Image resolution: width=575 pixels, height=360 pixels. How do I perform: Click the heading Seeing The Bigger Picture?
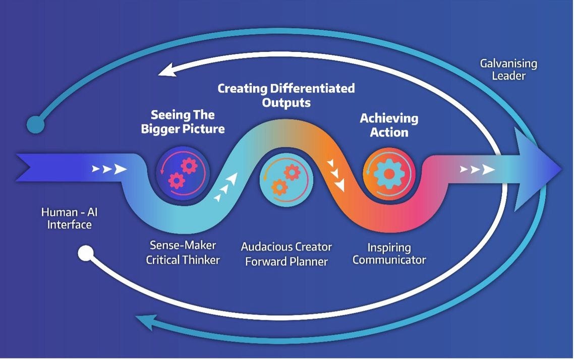(183, 122)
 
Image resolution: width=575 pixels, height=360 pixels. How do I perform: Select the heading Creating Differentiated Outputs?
(286, 95)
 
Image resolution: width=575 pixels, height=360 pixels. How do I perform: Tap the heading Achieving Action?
(388, 125)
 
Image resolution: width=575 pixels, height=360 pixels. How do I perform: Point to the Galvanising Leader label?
(508, 70)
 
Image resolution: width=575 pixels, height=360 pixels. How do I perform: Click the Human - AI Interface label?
(69, 218)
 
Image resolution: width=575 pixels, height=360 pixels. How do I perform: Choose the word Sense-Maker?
(183, 246)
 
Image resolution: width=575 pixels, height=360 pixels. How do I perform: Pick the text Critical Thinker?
(183, 260)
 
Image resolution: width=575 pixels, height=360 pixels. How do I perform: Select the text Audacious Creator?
(286, 247)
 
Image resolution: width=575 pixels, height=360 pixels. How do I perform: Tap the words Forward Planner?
(286, 262)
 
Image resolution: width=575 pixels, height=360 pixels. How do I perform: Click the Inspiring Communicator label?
(389, 254)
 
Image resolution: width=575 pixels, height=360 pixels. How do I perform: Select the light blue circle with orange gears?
(286, 181)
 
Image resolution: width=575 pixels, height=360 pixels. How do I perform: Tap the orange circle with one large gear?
(389, 173)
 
